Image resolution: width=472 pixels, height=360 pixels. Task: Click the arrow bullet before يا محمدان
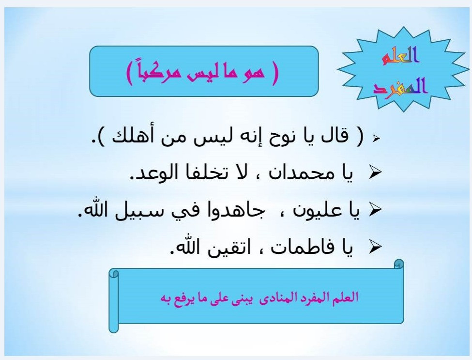[375, 172]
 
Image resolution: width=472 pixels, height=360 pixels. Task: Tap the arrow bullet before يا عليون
[375, 210]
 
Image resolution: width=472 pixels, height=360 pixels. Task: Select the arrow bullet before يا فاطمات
[375, 247]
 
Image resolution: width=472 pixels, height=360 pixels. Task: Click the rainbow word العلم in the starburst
[401, 56]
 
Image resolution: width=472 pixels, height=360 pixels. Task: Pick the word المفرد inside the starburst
[400, 86]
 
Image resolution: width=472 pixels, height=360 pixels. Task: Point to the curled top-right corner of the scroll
[399, 264]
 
